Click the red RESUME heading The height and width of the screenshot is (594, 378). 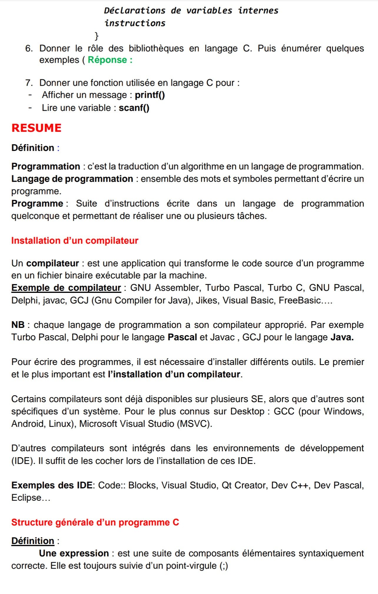36,128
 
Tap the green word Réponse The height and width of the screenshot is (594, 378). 107,60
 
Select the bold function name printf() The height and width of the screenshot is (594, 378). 150,95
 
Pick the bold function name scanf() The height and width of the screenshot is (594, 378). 134,108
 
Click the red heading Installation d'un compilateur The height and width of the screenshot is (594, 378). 75,240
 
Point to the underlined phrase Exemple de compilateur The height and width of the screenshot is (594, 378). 66,288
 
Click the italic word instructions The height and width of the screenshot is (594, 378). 135,23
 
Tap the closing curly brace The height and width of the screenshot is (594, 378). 96,36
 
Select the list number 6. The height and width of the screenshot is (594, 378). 29,48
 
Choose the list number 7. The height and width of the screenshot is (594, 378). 29,83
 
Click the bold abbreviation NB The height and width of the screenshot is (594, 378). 18,325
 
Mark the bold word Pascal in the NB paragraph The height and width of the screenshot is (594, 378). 182,337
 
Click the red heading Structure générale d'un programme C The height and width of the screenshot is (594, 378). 95,522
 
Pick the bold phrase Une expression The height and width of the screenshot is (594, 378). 74,553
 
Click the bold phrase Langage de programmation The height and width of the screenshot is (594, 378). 72,179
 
